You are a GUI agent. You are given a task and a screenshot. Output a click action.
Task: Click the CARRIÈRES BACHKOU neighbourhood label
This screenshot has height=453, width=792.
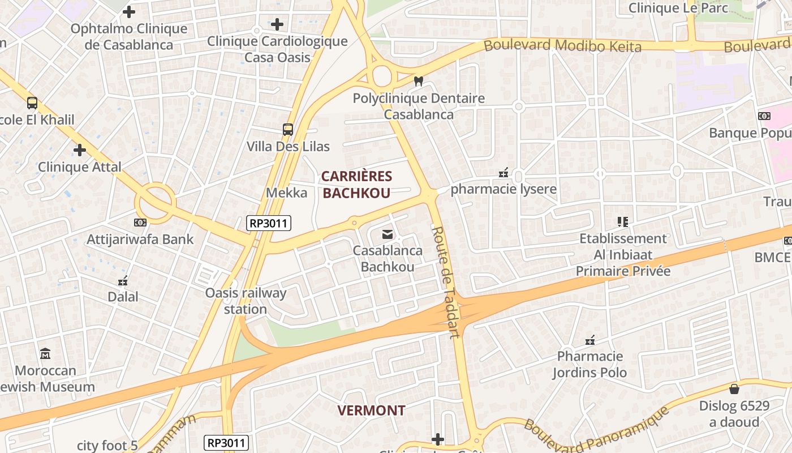click(x=356, y=185)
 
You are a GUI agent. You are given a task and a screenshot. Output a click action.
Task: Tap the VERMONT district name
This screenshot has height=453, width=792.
click(x=371, y=411)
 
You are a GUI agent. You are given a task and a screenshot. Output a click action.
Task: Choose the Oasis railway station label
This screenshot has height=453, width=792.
click(x=246, y=301)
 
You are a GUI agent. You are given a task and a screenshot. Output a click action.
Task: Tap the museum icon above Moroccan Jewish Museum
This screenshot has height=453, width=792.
click(x=46, y=354)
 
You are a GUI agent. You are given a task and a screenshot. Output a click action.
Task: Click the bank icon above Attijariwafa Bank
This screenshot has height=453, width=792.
click(x=140, y=223)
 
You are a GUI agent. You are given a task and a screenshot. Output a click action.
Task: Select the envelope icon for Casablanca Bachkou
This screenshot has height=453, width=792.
click(x=388, y=234)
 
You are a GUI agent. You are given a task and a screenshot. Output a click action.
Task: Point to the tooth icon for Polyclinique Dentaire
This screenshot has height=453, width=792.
click(x=419, y=82)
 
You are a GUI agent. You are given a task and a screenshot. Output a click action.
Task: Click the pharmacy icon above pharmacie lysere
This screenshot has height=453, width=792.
click(x=503, y=173)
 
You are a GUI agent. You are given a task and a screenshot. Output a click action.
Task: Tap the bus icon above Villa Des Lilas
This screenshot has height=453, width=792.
click(x=288, y=130)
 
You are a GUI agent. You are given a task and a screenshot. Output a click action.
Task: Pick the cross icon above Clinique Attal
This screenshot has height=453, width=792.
click(x=80, y=150)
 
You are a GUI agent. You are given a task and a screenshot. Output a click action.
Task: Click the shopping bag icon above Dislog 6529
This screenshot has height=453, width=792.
click(x=734, y=389)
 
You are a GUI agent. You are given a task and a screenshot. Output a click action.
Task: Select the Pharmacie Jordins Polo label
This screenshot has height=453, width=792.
click(x=589, y=364)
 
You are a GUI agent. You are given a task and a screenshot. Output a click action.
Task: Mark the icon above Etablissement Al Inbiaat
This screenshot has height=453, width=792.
click(x=623, y=222)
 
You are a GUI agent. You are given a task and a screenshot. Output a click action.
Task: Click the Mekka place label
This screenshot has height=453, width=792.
click(x=287, y=193)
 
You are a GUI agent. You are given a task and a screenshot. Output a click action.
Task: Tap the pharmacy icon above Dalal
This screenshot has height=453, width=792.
click(x=123, y=280)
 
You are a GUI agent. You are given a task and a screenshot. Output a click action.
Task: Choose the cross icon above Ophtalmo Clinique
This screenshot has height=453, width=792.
click(x=129, y=11)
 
